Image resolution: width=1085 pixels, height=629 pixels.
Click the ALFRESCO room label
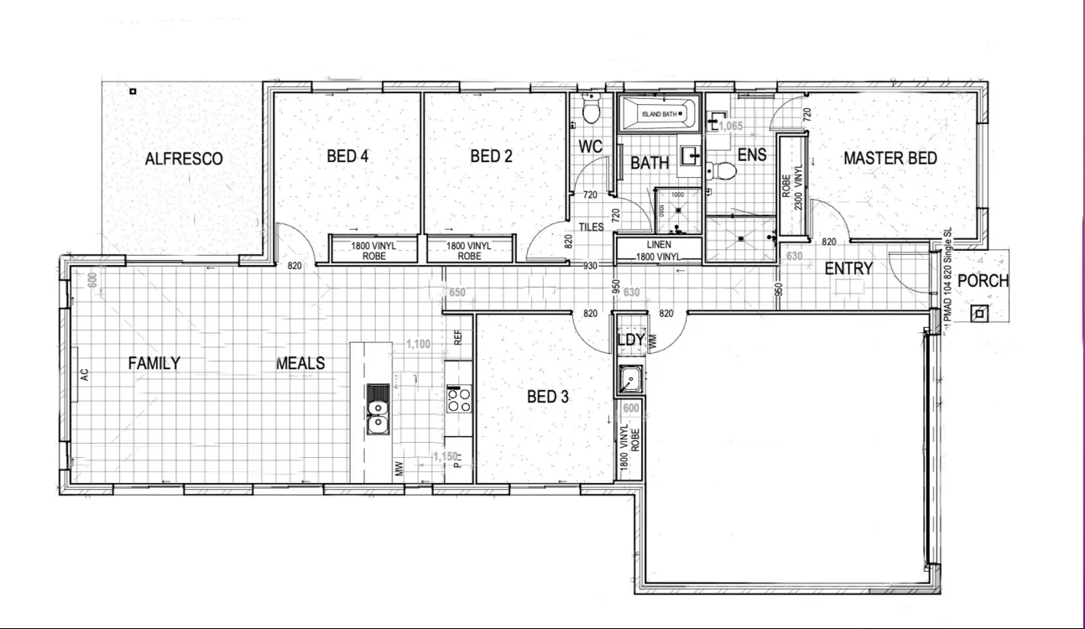(184, 159)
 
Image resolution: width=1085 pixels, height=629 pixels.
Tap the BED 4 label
(347, 156)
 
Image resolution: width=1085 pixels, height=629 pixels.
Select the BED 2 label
(491, 156)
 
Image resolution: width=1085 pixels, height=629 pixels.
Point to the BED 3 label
(547, 397)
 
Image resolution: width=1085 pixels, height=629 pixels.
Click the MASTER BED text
(889, 158)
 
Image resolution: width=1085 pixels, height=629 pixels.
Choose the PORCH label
(982, 281)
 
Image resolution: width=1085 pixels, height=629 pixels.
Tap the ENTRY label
(848, 269)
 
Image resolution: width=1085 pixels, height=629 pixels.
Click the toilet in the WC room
(591, 110)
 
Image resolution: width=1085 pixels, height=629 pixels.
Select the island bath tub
(658, 114)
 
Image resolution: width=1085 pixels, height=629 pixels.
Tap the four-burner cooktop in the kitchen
(458, 398)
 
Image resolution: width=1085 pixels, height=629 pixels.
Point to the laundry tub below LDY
(629, 380)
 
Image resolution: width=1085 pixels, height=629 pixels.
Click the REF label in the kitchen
(458, 337)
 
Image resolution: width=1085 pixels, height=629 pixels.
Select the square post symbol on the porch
(979, 314)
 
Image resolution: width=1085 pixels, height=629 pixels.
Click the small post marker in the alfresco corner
(132, 91)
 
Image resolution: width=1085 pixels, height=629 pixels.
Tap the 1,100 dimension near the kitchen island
(418, 344)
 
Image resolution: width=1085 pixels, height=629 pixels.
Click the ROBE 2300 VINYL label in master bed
(792, 185)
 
